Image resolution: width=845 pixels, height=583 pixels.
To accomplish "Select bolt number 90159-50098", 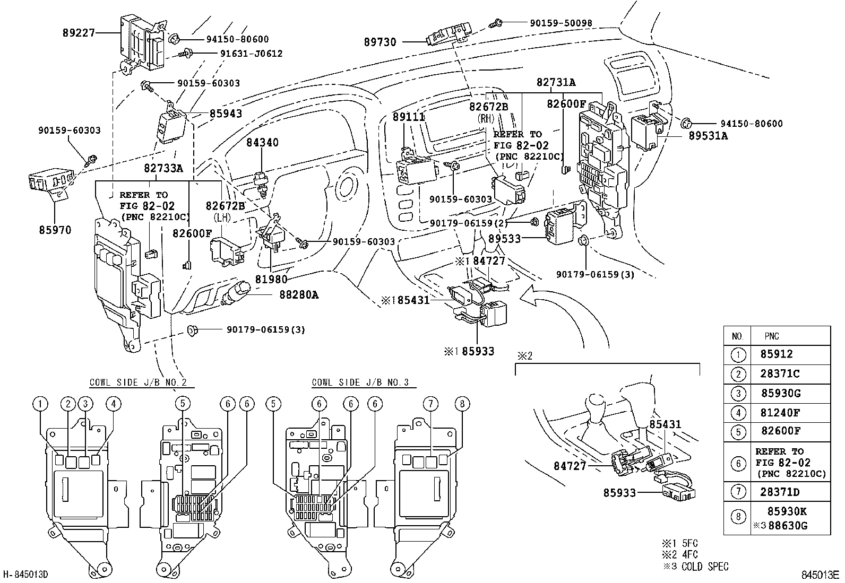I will pos(561,23).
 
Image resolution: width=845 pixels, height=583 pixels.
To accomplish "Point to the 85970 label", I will pos(55,230).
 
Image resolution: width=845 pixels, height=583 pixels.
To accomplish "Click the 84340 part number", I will pos(262,143).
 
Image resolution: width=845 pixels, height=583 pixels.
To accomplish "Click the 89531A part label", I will pos(709,136).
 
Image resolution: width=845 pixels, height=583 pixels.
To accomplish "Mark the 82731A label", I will pos(556,82).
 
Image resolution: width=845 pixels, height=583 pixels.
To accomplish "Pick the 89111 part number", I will pos(409,117).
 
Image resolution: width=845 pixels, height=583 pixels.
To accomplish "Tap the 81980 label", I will pos(271,279).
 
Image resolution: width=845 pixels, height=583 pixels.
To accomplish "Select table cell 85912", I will pos(777,354).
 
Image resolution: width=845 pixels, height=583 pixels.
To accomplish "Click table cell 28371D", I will pos(780,492).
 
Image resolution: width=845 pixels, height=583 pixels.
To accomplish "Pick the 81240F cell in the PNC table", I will pos(780,412).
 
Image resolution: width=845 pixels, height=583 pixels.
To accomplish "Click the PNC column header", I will pos(772,336).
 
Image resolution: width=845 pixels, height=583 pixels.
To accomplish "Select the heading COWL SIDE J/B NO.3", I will pos(360,382).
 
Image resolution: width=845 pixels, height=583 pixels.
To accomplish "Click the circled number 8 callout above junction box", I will pos(462,404).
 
